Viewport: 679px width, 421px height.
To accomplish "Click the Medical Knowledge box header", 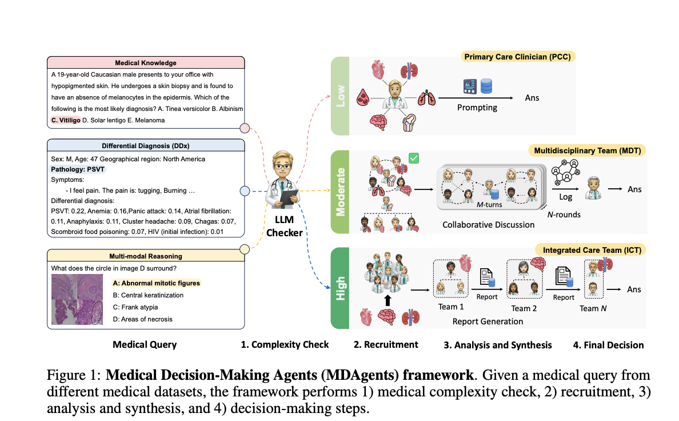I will (x=146, y=62).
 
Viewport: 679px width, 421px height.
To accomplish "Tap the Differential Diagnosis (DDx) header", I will (x=146, y=146).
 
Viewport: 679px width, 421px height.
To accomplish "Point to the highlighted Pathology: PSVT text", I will (x=78, y=169).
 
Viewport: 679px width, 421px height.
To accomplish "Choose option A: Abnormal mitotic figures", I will (x=157, y=283).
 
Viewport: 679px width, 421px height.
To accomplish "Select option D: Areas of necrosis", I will (x=143, y=319).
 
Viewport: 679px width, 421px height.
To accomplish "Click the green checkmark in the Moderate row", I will (x=414, y=158).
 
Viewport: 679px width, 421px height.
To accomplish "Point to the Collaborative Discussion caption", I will (x=489, y=224).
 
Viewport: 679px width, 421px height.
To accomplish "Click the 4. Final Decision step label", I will (x=608, y=345).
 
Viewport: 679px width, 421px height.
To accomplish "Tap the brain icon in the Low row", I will (x=377, y=122).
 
